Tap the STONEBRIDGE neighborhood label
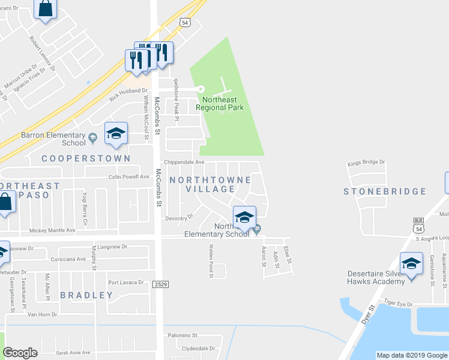click(385, 192)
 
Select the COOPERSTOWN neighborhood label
click(86, 158)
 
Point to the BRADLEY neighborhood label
click(86, 295)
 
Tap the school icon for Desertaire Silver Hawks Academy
click(411, 263)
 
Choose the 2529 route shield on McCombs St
click(159, 284)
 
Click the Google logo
click(20, 352)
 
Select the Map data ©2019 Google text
click(411, 355)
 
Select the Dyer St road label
click(370, 315)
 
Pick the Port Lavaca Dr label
click(126, 283)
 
